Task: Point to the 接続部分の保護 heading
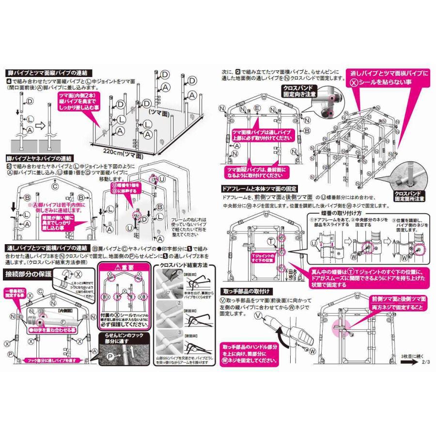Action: [x=29, y=273]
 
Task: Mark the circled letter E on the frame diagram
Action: [x=257, y=107]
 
